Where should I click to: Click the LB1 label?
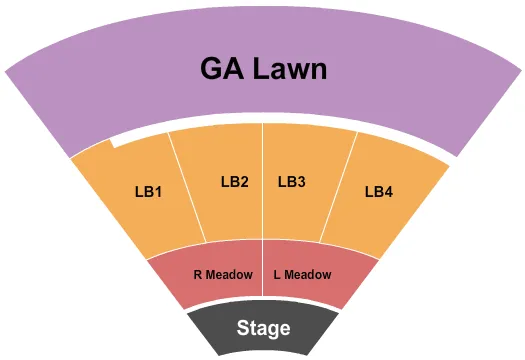148,191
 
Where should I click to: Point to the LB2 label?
234,182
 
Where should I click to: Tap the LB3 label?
291,182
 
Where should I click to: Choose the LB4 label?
379,191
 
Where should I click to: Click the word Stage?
263,328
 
